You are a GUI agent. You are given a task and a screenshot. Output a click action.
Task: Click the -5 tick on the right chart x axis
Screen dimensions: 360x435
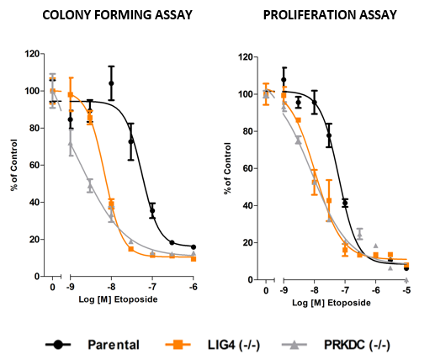click(406, 290)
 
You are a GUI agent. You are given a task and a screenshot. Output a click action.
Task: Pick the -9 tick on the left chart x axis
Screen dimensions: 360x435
click(70, 287)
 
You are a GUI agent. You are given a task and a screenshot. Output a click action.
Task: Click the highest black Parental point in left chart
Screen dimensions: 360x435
click(111, 83)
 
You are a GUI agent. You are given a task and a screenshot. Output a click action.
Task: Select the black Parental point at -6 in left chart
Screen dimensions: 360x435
click(194, 247)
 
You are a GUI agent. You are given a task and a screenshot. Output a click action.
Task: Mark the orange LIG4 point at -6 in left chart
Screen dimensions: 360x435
click(194, 258)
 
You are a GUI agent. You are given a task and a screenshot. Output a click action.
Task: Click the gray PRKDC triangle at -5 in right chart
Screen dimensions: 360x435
click(406, 278)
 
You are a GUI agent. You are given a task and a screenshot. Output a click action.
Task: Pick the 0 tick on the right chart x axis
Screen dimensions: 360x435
click(267, 290)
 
